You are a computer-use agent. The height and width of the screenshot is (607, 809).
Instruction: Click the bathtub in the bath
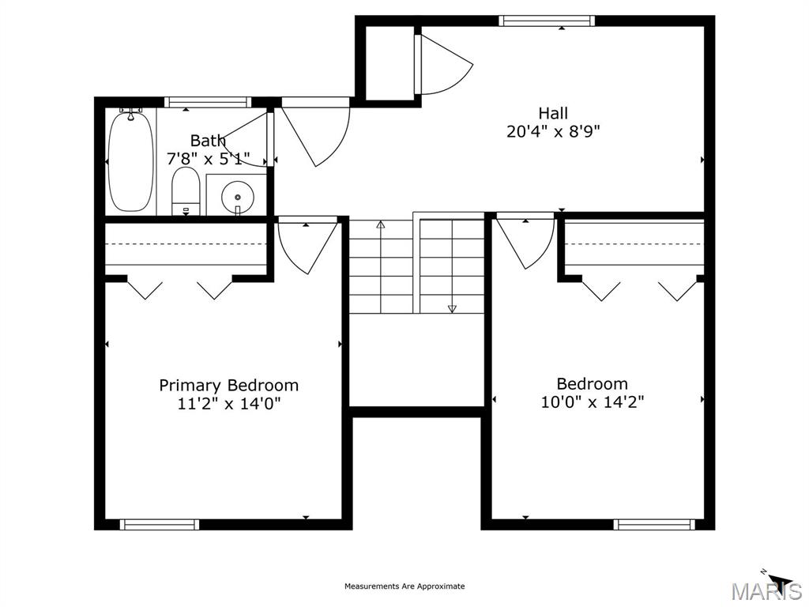(131, 161)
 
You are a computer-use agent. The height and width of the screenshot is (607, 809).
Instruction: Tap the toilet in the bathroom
(186, 191)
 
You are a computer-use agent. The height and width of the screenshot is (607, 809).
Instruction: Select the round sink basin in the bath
(238, 197)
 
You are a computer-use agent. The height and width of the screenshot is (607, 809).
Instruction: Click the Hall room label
(553, 113)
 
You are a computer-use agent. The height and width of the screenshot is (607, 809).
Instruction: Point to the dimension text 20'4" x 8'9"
(553, 132)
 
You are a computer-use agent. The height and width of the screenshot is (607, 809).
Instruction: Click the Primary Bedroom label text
(228, 385)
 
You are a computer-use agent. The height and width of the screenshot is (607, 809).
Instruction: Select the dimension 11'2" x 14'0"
(228, 403)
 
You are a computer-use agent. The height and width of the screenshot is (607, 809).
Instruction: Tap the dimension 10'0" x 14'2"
(593, 402)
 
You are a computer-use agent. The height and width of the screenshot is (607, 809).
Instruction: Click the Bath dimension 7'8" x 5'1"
(208, 158)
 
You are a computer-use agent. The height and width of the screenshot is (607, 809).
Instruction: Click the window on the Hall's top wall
(547, 21)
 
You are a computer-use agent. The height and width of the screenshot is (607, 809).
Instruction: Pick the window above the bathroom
(208, 102)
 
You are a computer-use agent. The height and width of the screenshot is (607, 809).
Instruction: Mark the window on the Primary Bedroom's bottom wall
(160, 525)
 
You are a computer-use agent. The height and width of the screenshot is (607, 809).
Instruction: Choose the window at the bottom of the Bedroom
(654, 525)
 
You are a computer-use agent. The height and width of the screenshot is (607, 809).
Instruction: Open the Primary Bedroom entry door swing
(307, 247)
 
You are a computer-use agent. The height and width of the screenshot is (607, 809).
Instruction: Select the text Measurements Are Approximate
(404, 586)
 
